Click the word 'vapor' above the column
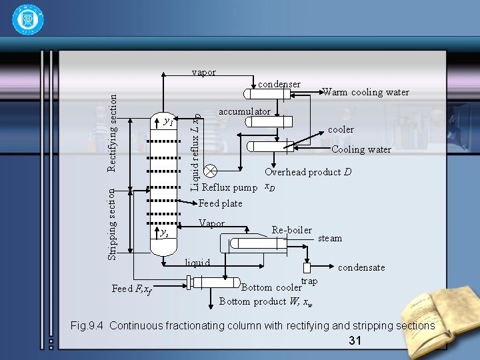tap(203, 72)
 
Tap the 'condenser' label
tap(279, 85)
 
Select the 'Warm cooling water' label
tap(365, 92)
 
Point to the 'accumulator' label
tap(244, 111)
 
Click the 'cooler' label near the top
tap(341, 129)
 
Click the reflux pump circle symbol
tap(210, 171)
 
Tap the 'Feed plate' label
tap(221, 203)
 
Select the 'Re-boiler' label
tap(291, 230)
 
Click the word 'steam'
tap(330, 238)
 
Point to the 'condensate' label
tap(361, 267)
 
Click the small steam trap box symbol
tap(307, 268)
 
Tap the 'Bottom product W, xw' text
tap(265, 301)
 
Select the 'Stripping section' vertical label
tap(113, 224)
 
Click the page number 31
tap(355, 341)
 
